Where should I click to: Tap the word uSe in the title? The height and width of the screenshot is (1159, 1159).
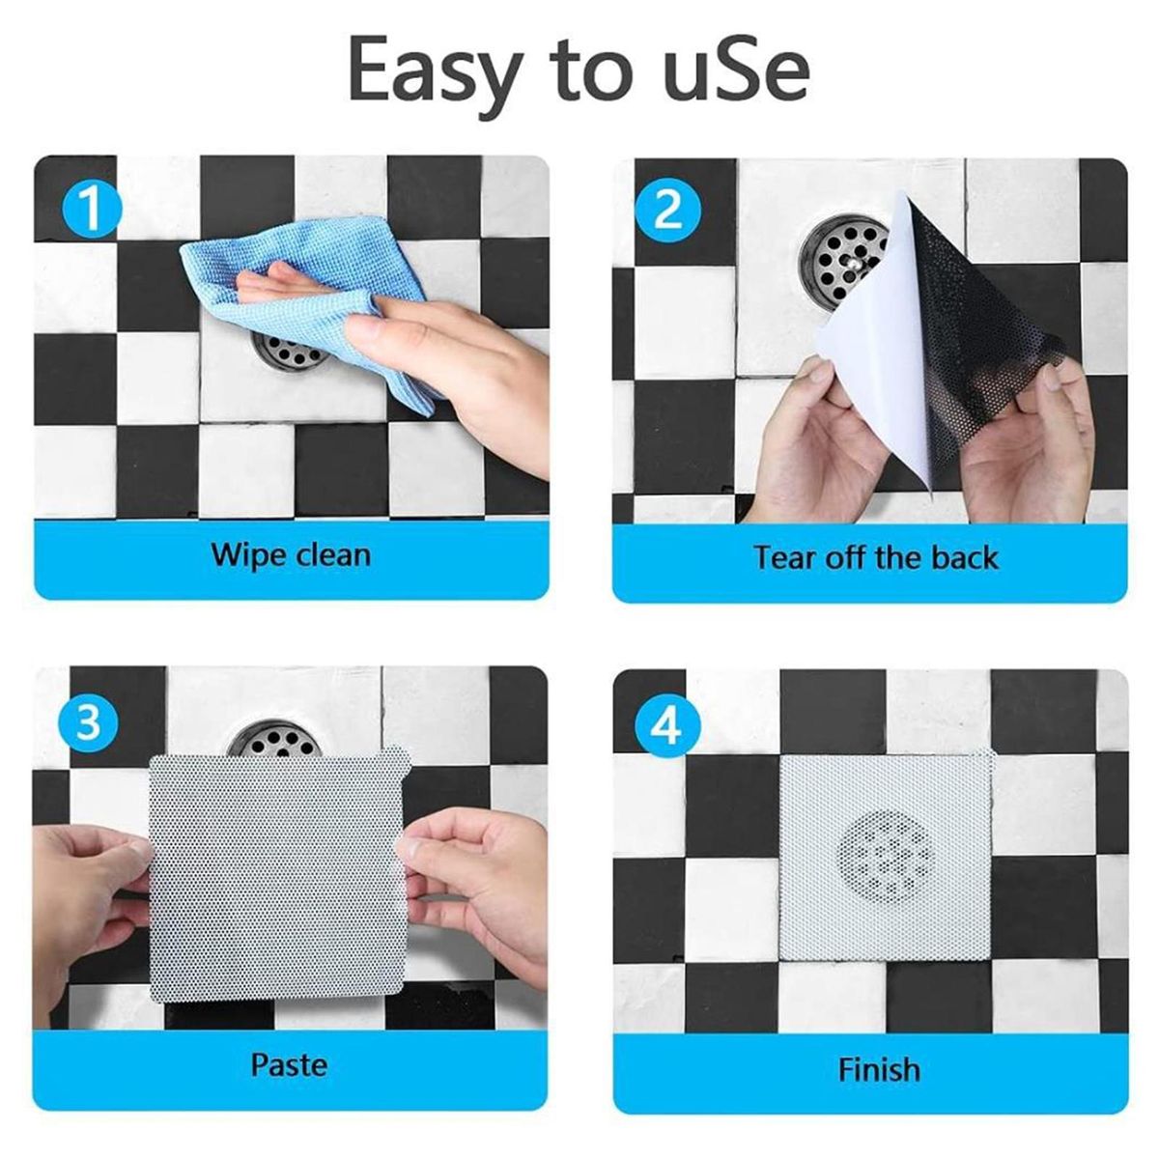point(735,71)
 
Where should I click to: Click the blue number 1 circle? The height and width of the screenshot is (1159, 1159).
point(92,209)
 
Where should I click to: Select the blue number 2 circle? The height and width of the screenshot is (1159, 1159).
point(668,210)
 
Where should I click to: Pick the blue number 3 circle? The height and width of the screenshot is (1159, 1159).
point(88,721)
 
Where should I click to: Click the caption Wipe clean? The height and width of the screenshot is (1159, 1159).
point(291,554)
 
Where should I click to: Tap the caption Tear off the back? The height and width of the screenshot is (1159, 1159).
point(876,557)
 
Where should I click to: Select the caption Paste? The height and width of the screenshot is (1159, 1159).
point(290,1065)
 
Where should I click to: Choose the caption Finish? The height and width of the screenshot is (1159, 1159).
point(879,1070)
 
